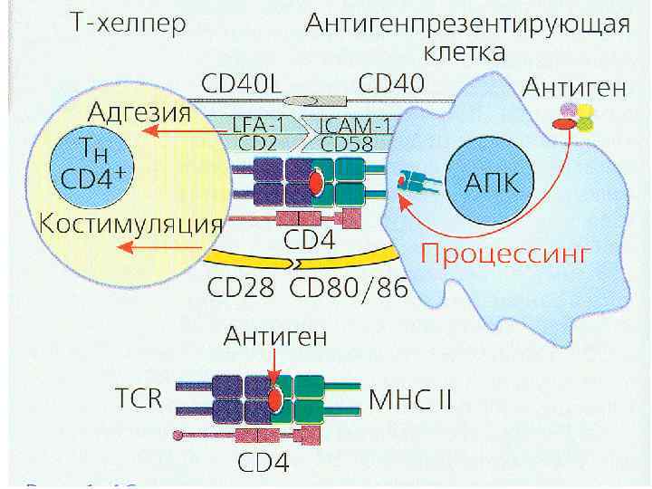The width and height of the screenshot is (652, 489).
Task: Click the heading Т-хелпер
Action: click(x=129, y=24)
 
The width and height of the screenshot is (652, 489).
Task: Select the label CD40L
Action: click(x=238, y=84)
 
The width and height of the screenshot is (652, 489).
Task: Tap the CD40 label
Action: click(x=391, y=84)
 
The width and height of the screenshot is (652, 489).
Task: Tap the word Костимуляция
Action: click(x=130, y=224)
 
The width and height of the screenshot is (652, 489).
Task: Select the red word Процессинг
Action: click(x=505, y=253)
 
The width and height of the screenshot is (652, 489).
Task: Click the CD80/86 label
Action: click(x=350, y=290)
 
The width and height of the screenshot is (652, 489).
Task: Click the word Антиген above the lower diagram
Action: click(x=275, y=337)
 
